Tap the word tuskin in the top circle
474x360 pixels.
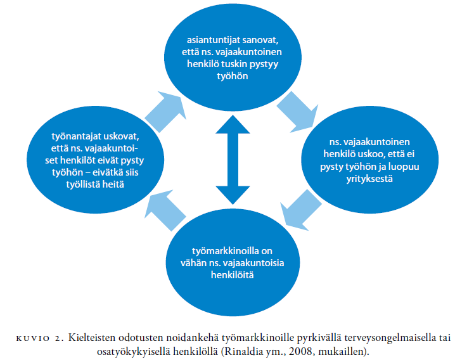(x=235, y=64)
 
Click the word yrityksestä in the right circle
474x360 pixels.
(x=369, y=179)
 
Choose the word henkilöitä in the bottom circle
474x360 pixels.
(x=232, y=275)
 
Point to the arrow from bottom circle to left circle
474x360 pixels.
(x=165, y=210)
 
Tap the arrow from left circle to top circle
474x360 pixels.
(x=166, y=112)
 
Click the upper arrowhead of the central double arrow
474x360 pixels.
(x=233, y=124)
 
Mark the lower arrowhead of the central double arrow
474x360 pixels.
(x=233, y=195)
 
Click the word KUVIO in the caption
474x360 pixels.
(x=32, y=338)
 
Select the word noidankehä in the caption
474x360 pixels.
(x=194, y=338)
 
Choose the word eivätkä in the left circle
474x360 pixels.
(x=106, y=172)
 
